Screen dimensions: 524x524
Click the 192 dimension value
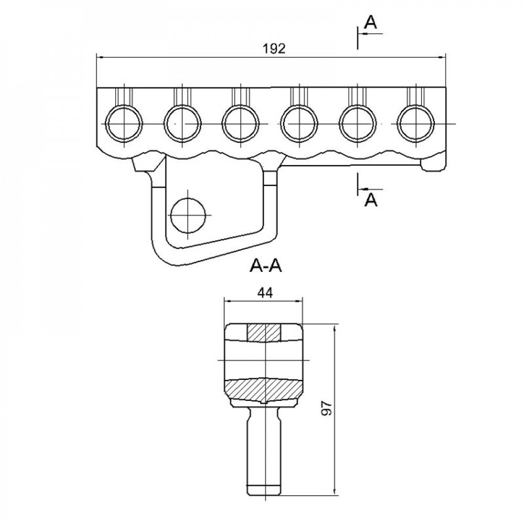coord(274,49)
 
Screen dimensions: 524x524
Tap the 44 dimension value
coord(265,293)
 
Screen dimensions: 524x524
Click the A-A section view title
coord(266,266)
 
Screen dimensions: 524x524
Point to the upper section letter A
coord(370,23)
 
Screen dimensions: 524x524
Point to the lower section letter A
coord(370,200)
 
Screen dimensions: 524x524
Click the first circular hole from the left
coord(124,123)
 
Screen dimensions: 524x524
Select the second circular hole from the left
coord(182,123)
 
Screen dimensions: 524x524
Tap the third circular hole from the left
coord(241,123)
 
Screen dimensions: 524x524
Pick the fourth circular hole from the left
coord(299,123)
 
